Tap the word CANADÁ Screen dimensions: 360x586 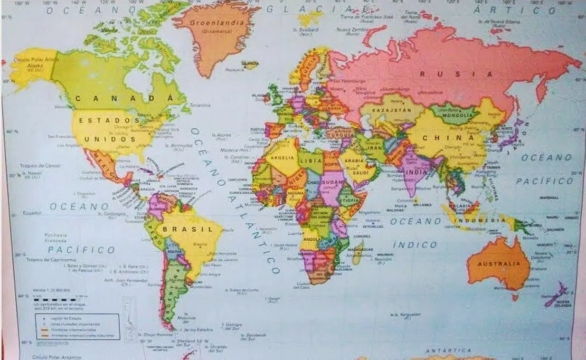click(x=124, y=98)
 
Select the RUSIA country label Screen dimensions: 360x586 click(x=457, y=74)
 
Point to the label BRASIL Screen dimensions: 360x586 click(x=187, y=229)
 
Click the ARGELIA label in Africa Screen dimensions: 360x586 click(x=282, y=157)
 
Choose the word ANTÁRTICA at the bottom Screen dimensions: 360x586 click(x=448, y=350)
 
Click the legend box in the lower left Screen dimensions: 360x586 click(x=77, y=326)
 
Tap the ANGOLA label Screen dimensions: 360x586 click(x=312, y=239)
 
